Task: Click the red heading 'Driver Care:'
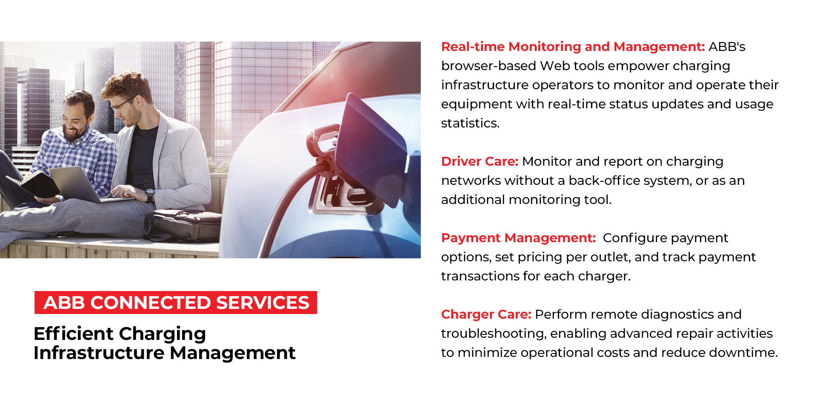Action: click(x=480, y=161)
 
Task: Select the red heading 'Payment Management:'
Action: click(x=518, y=238)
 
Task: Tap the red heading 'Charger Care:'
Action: click(x=486, y=314)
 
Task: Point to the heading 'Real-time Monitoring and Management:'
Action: click(x=573, y=47)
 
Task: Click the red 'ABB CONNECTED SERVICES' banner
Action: click(x=176, y=303)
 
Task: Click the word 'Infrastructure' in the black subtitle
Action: click(x=99, y=353)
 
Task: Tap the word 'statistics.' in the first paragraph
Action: click(x=470, y=123)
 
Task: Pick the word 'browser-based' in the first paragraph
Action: click(x=488, y=66)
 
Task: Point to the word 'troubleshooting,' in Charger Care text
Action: click(x=494, y=334)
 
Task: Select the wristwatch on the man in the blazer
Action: click(x=150, y=195)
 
